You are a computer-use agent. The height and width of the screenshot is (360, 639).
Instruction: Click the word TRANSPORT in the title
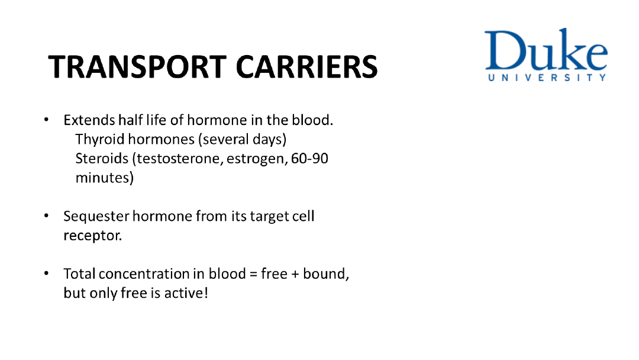137,67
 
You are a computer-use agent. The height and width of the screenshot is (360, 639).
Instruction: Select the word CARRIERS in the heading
307,67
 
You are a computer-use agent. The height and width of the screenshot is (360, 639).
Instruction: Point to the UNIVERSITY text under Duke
547,78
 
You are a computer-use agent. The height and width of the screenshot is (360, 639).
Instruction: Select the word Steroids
102,158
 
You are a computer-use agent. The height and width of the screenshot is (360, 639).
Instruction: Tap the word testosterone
177,159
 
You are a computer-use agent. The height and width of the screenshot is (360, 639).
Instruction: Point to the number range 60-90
309,158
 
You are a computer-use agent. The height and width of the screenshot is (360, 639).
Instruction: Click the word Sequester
96,217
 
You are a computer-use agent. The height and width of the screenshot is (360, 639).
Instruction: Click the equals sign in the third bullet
253,274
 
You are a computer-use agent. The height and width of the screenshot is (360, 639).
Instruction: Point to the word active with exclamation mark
186,292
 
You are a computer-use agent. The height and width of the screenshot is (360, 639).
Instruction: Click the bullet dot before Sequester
47,216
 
